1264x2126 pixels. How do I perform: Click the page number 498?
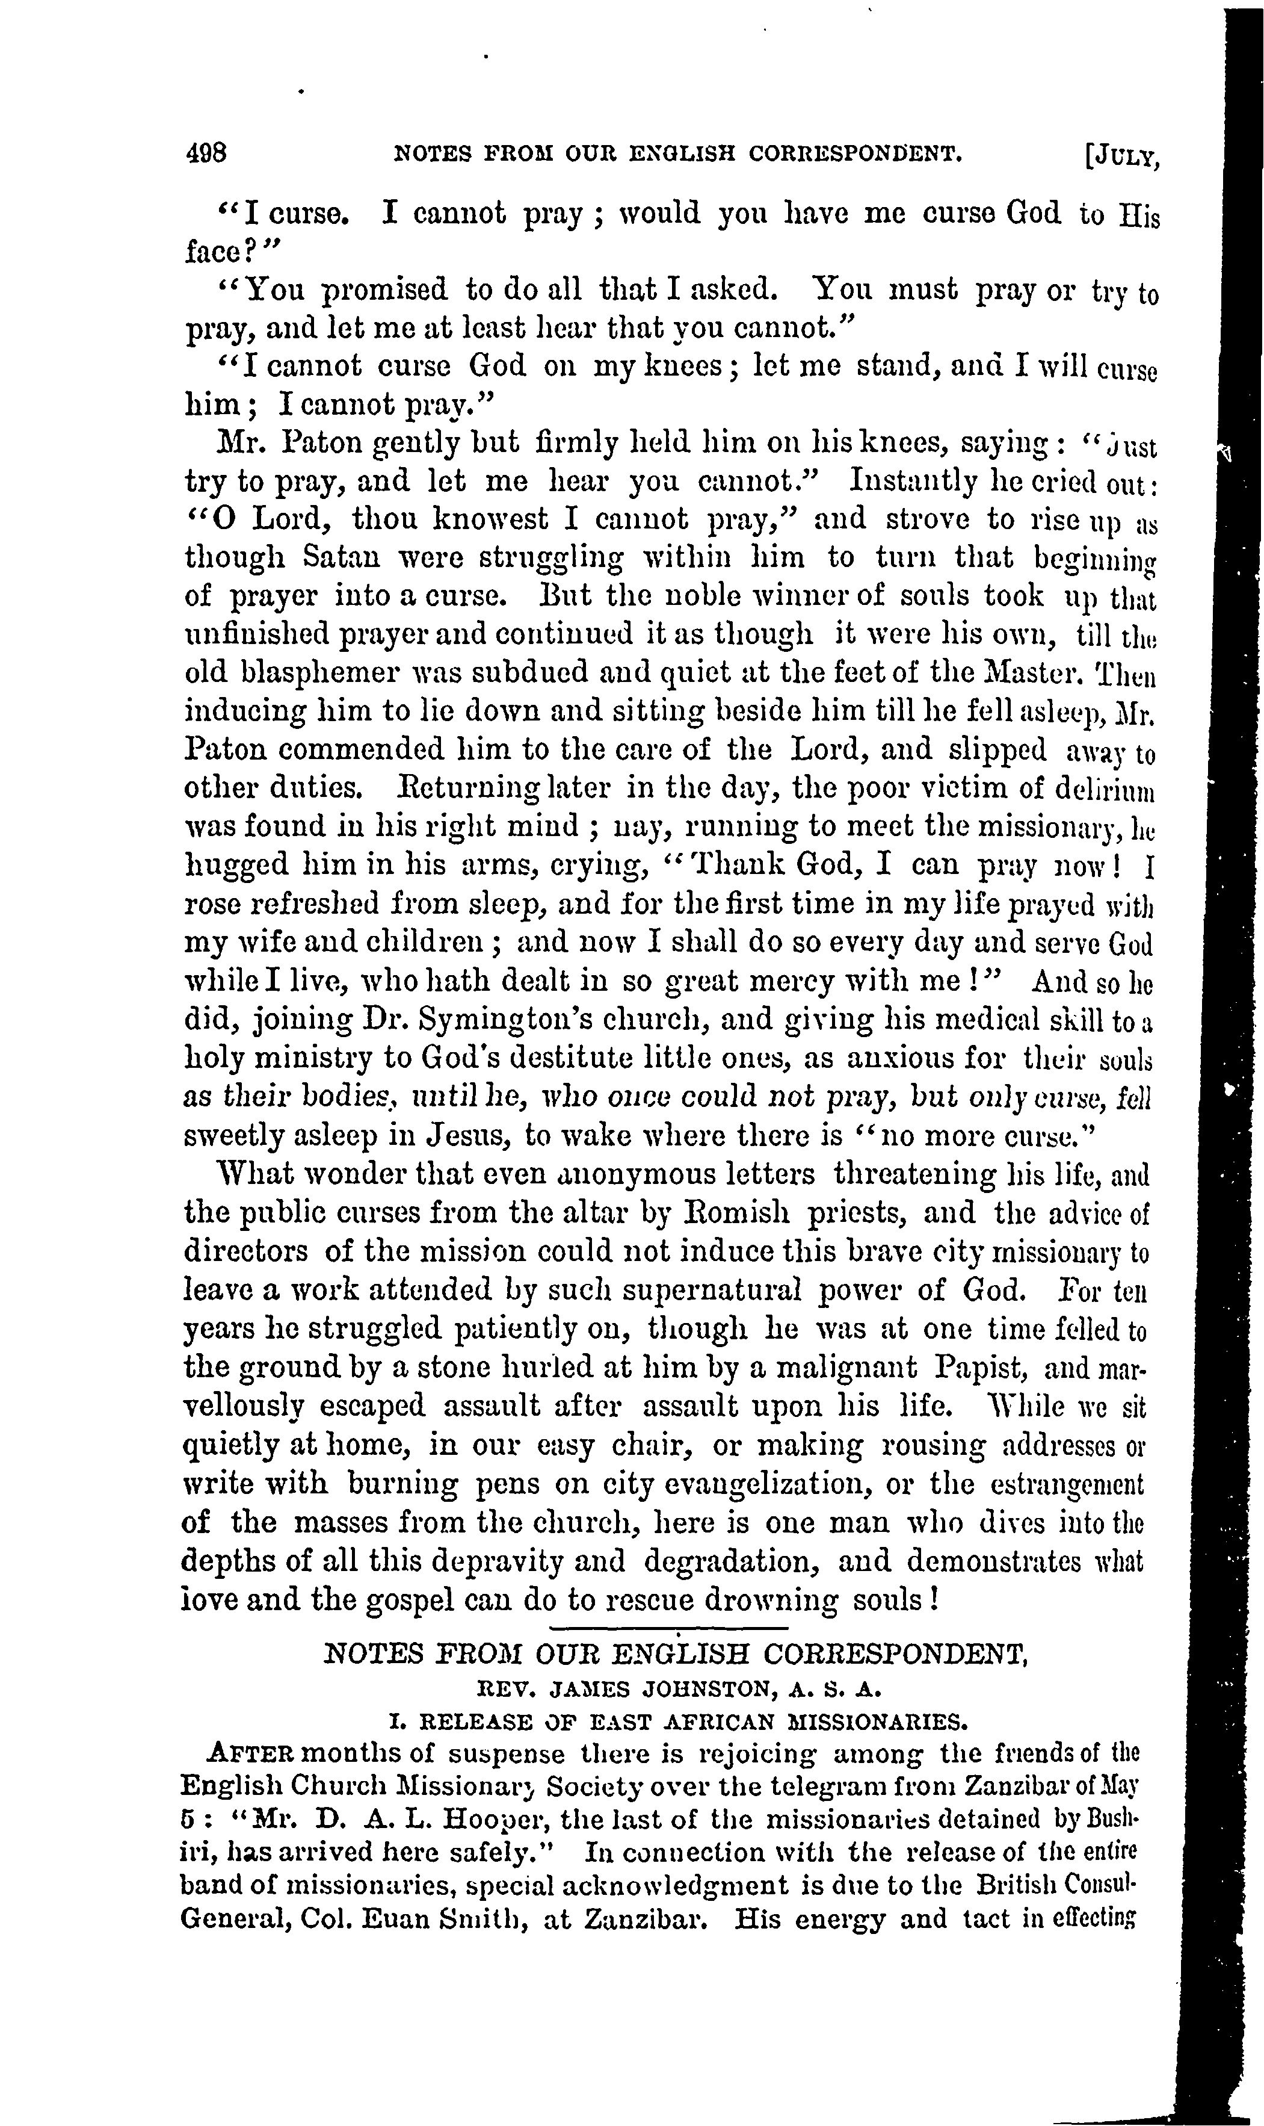(206, 154)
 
